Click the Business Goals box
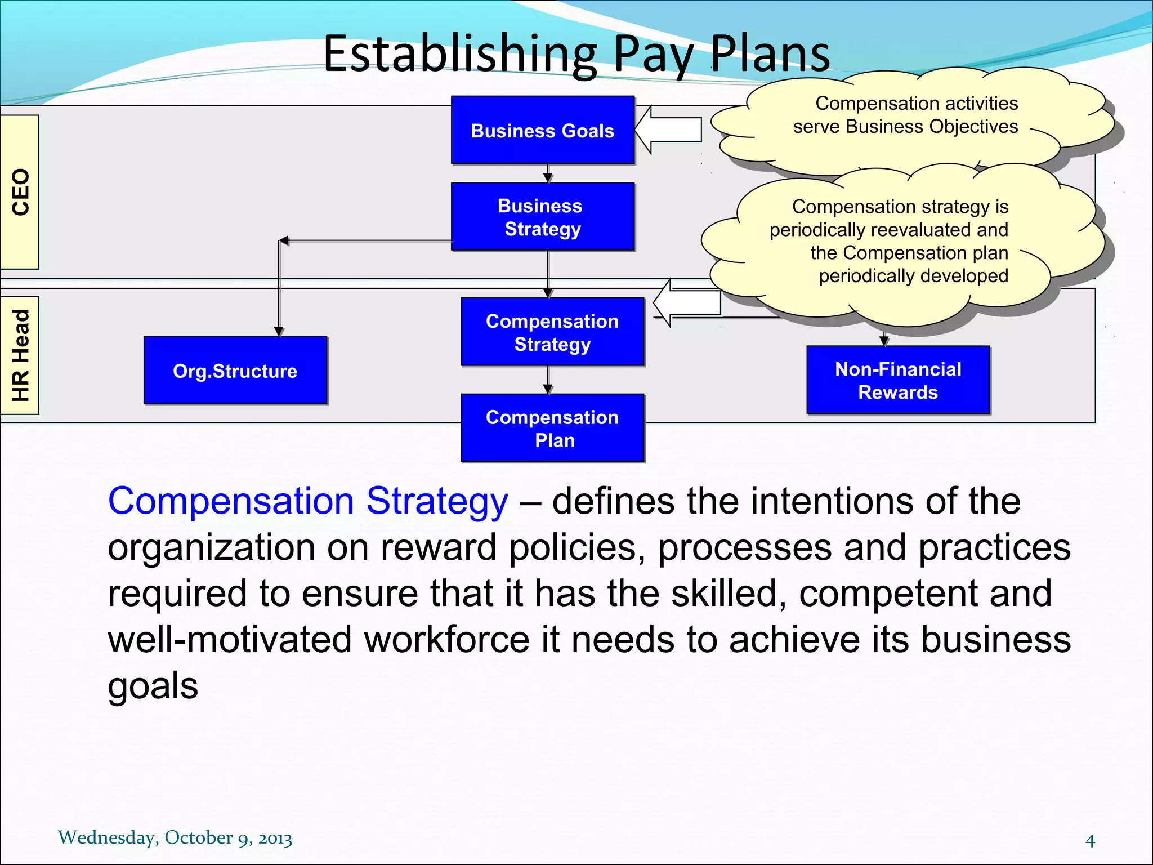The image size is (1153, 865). click(543, 131)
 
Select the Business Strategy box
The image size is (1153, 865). click(543, 217)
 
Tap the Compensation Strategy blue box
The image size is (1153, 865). click(552, 332)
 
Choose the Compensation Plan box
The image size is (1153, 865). click(552, 429)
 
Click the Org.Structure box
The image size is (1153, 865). click(235, 371)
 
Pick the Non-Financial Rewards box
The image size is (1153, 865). click(898, 381)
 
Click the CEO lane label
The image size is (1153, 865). click(20, 192)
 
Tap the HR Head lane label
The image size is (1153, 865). click(20, 355)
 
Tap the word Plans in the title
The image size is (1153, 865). click(770, 55)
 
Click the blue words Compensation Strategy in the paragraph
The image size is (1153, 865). click(308, 501)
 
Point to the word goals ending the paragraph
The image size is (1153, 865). click(153, 686)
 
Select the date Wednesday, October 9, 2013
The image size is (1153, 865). click(175, 837)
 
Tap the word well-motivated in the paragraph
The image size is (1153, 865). click(230, 640)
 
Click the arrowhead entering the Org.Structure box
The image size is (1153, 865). click(279, 332)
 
